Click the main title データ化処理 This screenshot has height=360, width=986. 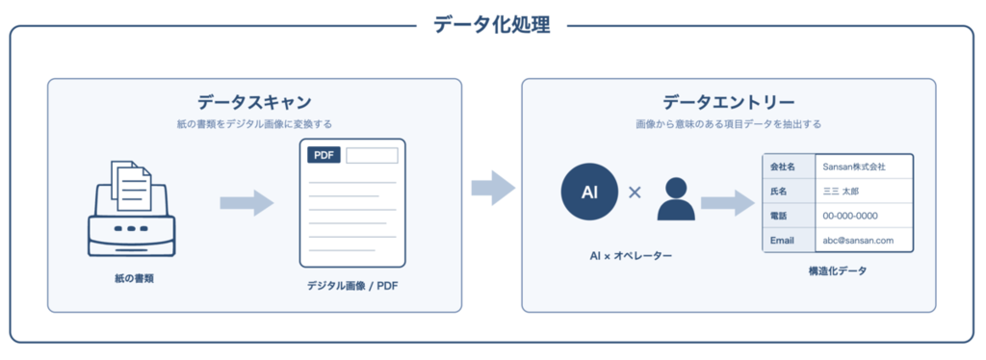coord(492,24)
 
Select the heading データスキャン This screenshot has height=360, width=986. coord(254,102)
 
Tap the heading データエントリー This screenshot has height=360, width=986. coord(728,102)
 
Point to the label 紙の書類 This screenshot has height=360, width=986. coord(134,278)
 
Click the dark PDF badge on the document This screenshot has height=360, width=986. coord(324,155)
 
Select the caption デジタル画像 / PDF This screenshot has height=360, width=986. coord(352,286)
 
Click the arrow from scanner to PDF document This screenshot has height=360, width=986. coord(246,203)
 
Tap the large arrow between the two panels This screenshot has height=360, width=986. coord(493,188)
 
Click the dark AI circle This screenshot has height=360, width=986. coord(589,193)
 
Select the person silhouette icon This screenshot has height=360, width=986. coord(676,198)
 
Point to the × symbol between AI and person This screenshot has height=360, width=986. coord(636,193)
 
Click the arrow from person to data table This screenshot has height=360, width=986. coord(728,202)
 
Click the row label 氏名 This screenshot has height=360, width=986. coord(778,192)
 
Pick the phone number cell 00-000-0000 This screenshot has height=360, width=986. coord(850,217)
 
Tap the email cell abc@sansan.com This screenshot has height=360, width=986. coord(858,241)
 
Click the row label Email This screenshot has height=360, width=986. coord(782,241)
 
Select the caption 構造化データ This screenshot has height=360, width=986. coord(838,271)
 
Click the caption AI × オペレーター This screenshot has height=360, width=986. coord(622,256)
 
